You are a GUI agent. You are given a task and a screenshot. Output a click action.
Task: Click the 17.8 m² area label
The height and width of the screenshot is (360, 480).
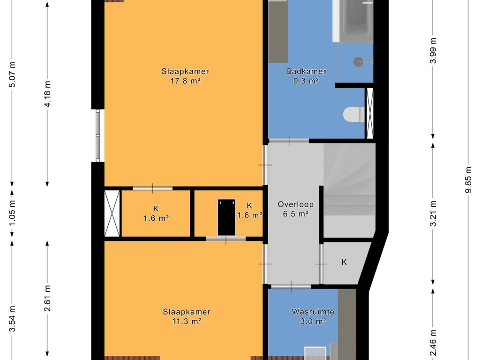click(x=185, y=81)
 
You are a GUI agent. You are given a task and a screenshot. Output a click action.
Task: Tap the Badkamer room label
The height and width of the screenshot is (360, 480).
click(x=306, y=71)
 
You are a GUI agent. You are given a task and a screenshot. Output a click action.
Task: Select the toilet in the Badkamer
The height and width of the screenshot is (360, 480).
click(x=354, y=114)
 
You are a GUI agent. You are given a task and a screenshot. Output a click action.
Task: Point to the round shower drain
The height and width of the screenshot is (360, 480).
click(x=359, y=61)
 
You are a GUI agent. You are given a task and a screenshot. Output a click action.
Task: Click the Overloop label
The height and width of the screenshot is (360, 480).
click(x=295, y=204)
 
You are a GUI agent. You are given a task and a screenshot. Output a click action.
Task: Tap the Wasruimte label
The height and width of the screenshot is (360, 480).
click(x=313, y=312)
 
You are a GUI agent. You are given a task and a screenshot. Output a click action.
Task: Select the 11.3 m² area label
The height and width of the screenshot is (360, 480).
click(x=186, y=322)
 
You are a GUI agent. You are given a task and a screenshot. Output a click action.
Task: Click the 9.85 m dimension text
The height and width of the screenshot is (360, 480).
click(x=468, y=180)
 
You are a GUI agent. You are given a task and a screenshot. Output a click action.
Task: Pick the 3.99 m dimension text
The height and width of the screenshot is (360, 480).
click(x=433, y=51)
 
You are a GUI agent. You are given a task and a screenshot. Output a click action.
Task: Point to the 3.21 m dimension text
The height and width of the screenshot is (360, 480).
click(x=433, y=214)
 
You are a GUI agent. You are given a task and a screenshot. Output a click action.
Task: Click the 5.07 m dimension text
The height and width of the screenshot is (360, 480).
click(x=12, y=75)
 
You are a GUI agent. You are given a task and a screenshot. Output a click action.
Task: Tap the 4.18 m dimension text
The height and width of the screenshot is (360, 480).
click(x=47, y=94)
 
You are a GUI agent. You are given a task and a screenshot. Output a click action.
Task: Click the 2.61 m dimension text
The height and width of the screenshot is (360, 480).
click(x=47, y=298)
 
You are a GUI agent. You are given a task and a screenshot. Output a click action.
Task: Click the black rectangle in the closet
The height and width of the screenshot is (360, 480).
click(x=226, y=217)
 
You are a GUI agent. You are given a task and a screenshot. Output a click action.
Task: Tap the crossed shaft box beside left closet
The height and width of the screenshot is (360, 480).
click(x=112, y=213)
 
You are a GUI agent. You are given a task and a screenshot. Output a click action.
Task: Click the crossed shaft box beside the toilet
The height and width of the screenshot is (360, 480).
click(x=370, y=113)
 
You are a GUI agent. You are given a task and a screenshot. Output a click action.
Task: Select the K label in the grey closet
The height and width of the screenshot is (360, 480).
click(x=345, y=262)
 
